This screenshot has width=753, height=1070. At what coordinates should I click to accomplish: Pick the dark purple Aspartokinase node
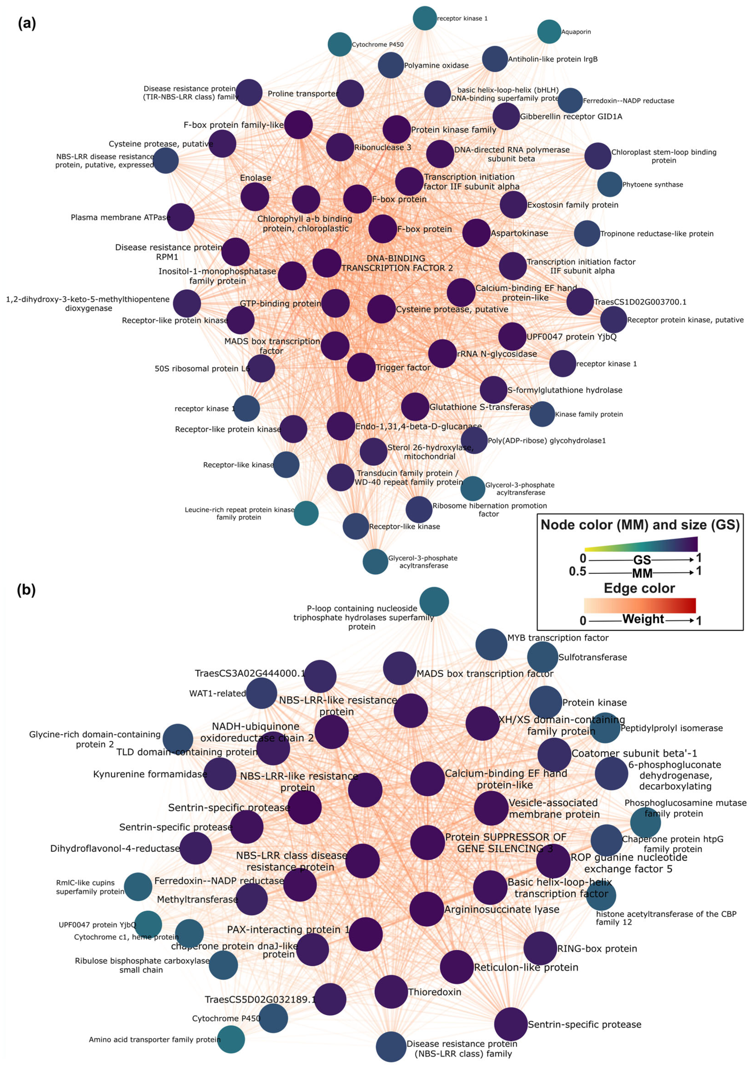(476, 233)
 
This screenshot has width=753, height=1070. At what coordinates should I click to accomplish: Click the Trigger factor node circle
(361, 367)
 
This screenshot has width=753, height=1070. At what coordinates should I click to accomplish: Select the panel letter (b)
(26, 590)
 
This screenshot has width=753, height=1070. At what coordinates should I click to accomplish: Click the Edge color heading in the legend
(639, 588)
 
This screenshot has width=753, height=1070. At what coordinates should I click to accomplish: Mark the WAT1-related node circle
(261, 693)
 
